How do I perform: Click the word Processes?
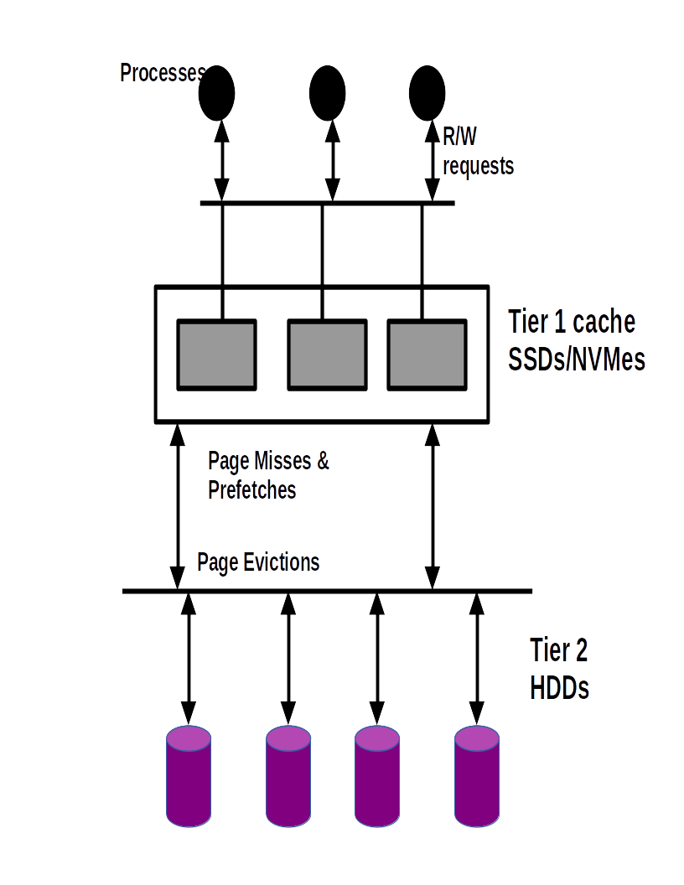click(x=161, y=74)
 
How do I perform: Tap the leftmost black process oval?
click(x=216, y=91)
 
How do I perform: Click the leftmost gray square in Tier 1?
click(x=216, y=355)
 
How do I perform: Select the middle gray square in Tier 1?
click(x=327, y=355)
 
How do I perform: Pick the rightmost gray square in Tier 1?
click(x=427, y=355)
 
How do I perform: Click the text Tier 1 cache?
click(x=572, y=322)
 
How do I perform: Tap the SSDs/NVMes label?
click(x=577, y=360)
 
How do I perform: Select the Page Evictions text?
click(x=258, y=562)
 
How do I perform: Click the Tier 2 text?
click(x=558, y=650)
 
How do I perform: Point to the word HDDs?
click(x=559, y=688)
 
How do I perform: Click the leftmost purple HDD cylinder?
click(x=189, y=777)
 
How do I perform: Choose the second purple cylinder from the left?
click(x=288, y=777)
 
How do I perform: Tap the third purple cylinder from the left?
click(x=376, y=777)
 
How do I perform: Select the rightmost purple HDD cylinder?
click(x=477, y=777)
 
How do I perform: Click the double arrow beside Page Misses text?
click(x=177, y=507)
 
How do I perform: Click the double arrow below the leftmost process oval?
click(x=221, y=159)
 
